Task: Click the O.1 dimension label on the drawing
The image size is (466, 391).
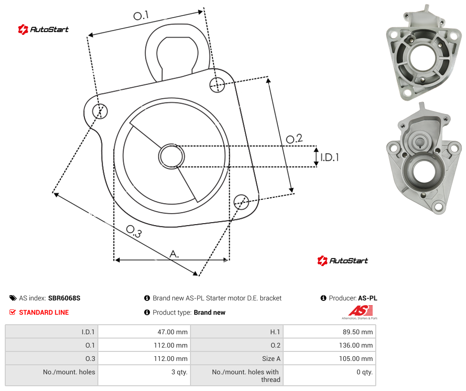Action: click(141, 15)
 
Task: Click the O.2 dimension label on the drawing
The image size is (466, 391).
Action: click(294, 139)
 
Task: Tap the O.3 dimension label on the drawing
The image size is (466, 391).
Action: click(134, 231)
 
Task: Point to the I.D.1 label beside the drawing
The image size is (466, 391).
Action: click(329, 157)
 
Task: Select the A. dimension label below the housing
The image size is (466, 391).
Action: click(174, 254)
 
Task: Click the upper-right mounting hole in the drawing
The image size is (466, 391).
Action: click(217, 85)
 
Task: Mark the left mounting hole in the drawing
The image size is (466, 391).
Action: click(100, 111)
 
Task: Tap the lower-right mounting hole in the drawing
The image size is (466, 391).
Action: click(241, 202)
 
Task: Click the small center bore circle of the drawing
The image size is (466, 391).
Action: click(171, 156)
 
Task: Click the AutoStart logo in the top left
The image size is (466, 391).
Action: click(43, 30)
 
